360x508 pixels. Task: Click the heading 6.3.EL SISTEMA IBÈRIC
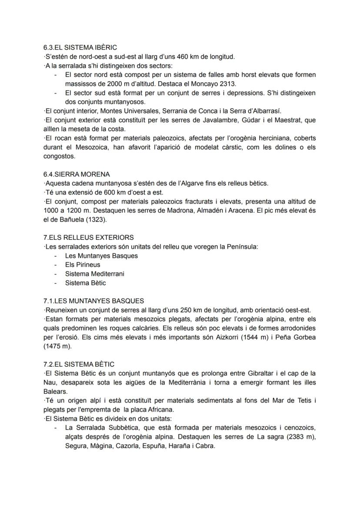80,47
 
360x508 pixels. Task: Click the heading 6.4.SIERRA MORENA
77,174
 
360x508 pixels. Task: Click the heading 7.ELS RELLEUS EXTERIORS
89,238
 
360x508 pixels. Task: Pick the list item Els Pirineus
83,265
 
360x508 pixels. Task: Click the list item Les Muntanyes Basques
101,256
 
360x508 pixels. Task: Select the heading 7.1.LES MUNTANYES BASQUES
93,301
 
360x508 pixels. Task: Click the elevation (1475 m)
60,346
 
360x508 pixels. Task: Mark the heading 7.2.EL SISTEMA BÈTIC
79,364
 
